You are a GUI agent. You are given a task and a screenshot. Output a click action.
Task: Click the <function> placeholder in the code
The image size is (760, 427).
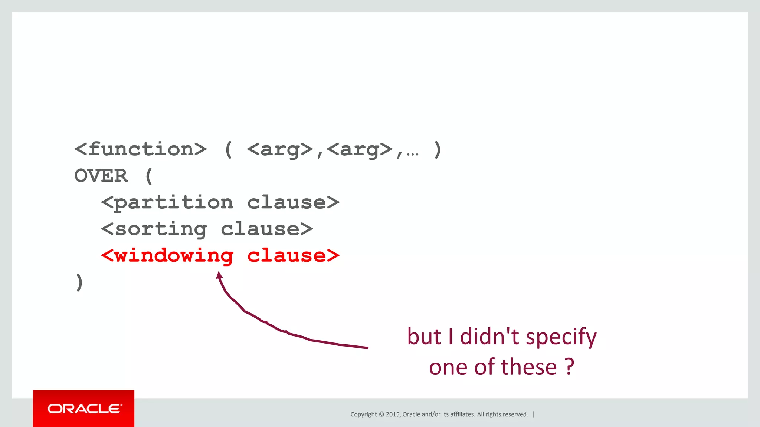coord(141,149)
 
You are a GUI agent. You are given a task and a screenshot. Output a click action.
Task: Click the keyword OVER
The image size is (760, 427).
coord(101,176)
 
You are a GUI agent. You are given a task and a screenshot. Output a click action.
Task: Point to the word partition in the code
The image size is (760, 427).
coord(174,203)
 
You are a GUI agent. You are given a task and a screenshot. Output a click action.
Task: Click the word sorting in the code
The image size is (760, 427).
coord(161,229)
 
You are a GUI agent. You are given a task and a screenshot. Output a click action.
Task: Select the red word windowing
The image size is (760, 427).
coord(174,256)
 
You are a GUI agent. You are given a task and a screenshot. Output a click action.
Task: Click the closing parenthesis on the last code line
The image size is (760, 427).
coord(79,282)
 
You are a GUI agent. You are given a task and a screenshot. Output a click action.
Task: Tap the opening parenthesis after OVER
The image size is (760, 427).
coord(149,176)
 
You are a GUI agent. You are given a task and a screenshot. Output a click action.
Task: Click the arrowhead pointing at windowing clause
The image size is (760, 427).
coord(219,275)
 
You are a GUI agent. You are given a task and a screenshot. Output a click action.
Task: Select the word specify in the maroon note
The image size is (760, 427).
coord(561,337)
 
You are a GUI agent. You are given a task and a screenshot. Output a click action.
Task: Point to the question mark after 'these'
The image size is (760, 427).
coord(569,367)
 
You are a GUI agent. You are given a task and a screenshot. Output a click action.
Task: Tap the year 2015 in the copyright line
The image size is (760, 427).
coord(393,414)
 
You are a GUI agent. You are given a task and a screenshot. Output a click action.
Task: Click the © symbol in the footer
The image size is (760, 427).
coord(381,414)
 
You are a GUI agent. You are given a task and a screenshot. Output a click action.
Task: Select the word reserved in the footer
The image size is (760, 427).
coord(515,414)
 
